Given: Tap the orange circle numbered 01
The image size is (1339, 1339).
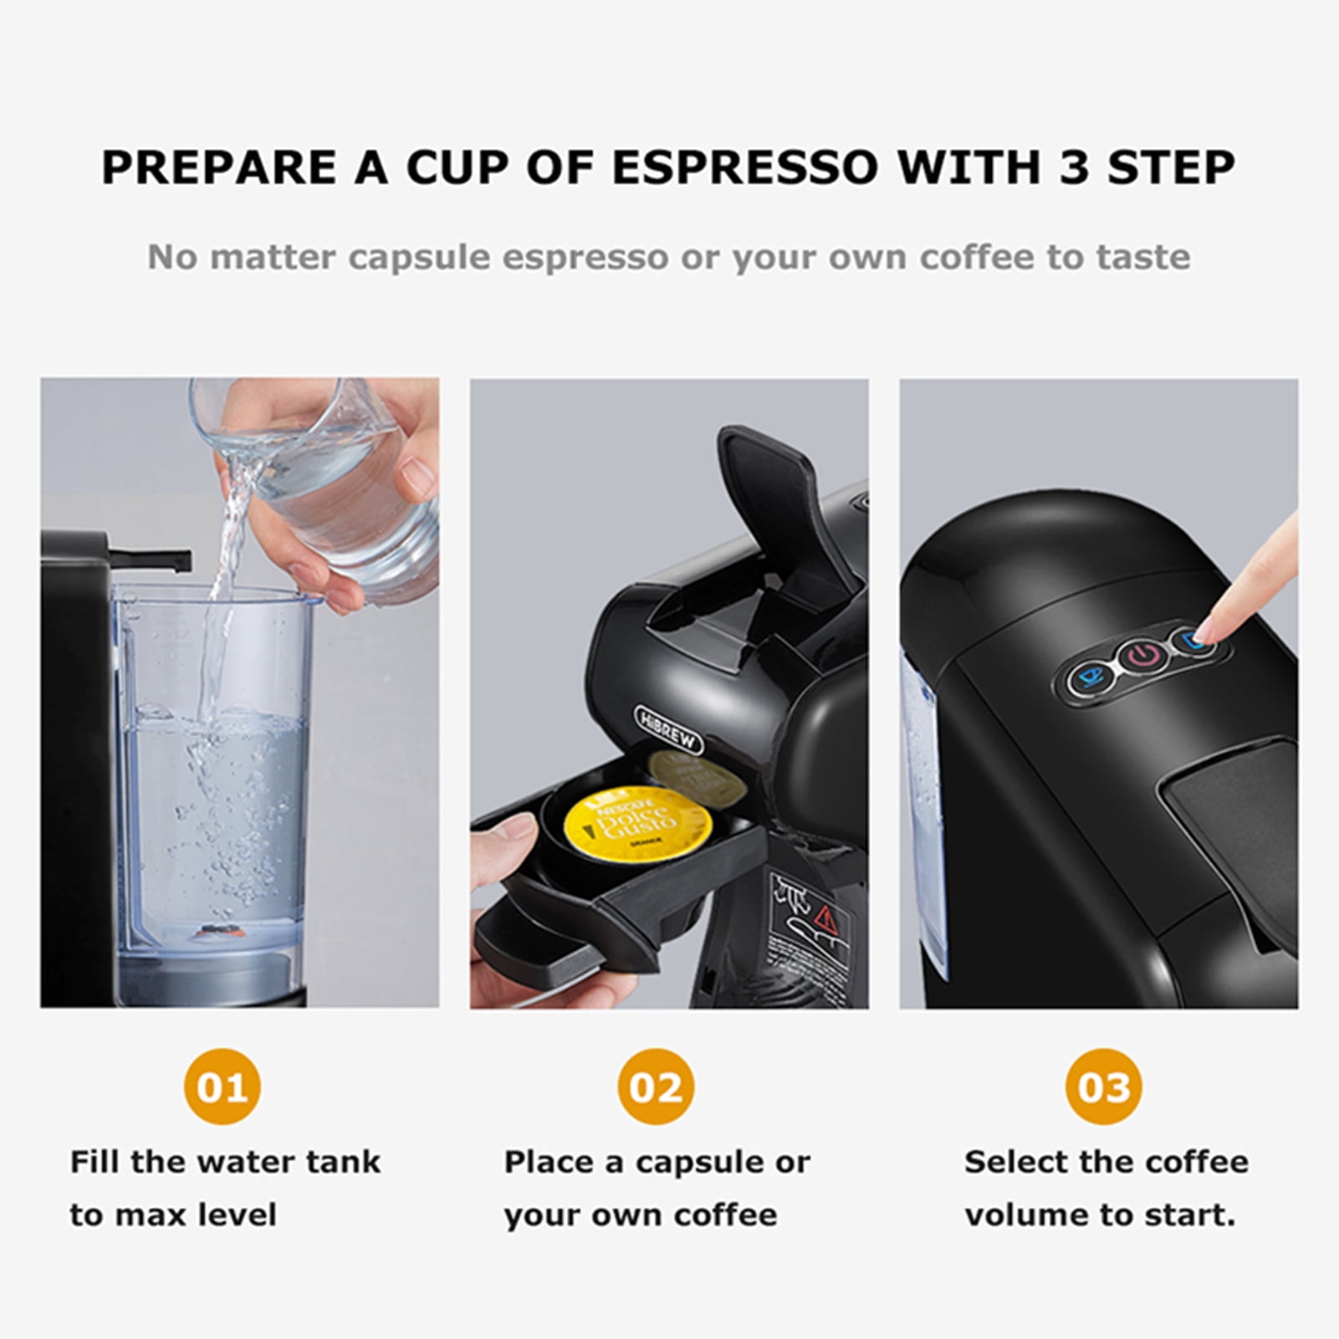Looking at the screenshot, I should click(x=222, y=1087).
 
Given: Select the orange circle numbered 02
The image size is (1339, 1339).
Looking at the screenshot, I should click(x=656, y=1087).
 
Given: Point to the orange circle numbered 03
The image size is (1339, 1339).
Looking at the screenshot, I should click(x=1104, y=1087).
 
